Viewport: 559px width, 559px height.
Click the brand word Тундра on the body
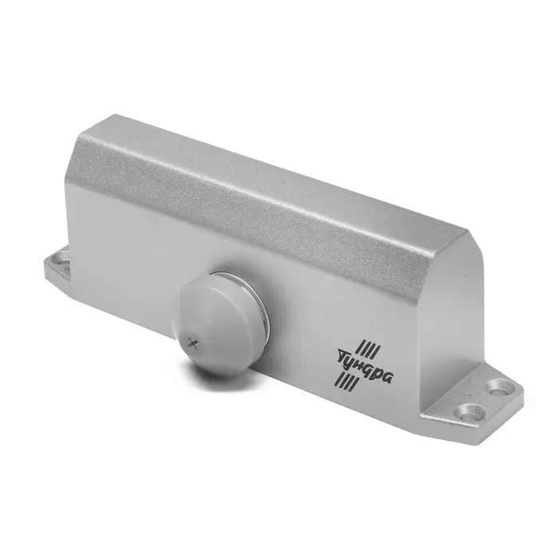(365, 364)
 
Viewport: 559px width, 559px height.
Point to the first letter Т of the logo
(343, 355)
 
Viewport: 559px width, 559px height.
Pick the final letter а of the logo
(389, 377)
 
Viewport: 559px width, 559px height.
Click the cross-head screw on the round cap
(193, 344)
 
